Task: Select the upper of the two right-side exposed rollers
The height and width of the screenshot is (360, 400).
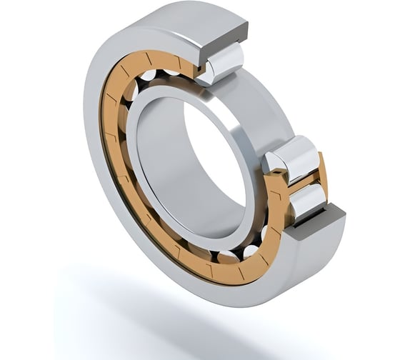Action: [293, 156]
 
